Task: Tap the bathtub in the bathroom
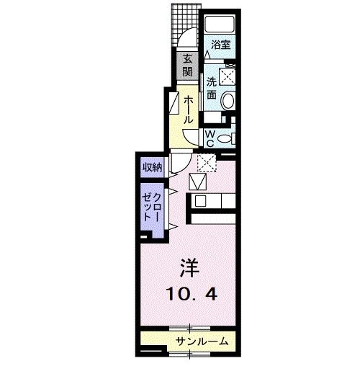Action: pos(223,24)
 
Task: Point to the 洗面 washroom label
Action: pos(212,87)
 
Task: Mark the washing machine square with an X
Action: pos(228,75)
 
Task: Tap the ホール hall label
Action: pos(187,108)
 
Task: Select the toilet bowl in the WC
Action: pos(226,138)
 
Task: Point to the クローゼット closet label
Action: pos(153,205)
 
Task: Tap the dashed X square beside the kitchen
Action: pos(207,164)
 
